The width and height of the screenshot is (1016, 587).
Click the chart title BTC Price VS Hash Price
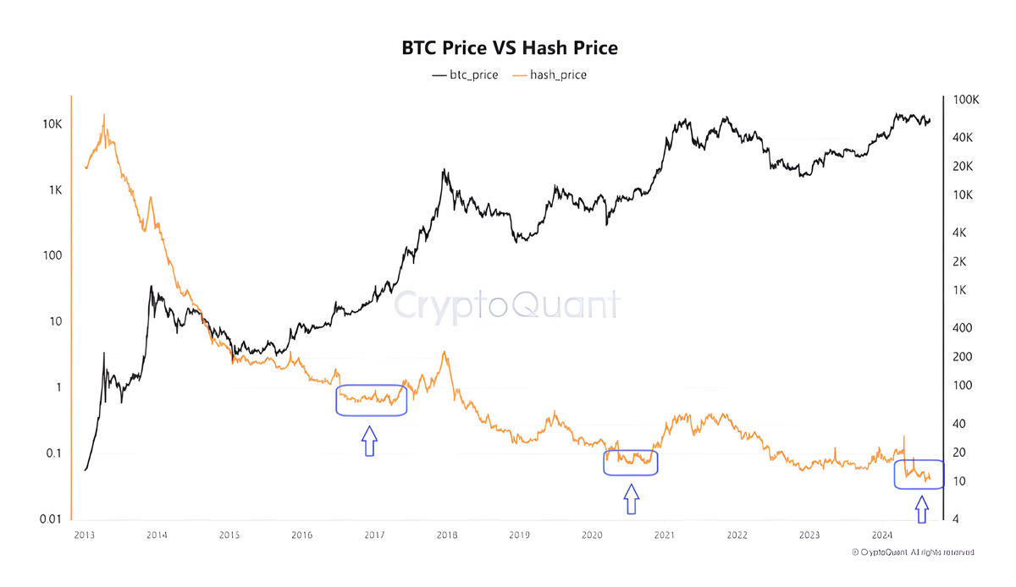coord(509,48)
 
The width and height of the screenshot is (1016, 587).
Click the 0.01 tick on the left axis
coord(47,518)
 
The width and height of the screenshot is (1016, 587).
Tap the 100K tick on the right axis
coord(966,100)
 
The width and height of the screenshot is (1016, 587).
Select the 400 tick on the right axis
coord(962,328)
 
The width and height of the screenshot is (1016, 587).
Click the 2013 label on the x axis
coord(84,535)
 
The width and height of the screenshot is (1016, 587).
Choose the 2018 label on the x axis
coord(447,535)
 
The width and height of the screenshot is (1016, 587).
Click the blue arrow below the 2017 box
coord(369,441)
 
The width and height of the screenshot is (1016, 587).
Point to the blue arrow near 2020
coord(630,499)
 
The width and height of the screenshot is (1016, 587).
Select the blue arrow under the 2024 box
coord(920,510)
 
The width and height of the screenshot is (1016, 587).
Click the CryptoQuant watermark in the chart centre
coord(509,304)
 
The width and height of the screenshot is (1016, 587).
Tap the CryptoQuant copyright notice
coord(912,551)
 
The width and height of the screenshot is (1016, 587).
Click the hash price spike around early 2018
coord(444,352)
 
